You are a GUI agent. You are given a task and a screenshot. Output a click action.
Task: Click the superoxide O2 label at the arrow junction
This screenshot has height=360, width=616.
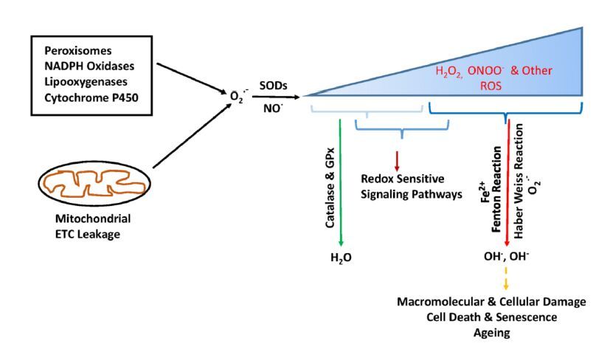(x=235, y=96)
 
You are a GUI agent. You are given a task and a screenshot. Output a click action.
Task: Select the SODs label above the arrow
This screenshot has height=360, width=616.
(x=273, y=86)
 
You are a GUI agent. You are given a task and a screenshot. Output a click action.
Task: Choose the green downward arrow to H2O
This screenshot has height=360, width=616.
(x=340, y=184)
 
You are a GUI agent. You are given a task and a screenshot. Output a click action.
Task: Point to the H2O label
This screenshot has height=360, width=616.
(x=341, y=259)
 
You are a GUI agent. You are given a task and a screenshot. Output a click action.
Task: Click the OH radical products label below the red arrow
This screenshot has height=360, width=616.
(x=506, y=258)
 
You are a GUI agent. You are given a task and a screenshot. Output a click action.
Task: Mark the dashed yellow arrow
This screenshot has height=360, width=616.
(x=506, y=281)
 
